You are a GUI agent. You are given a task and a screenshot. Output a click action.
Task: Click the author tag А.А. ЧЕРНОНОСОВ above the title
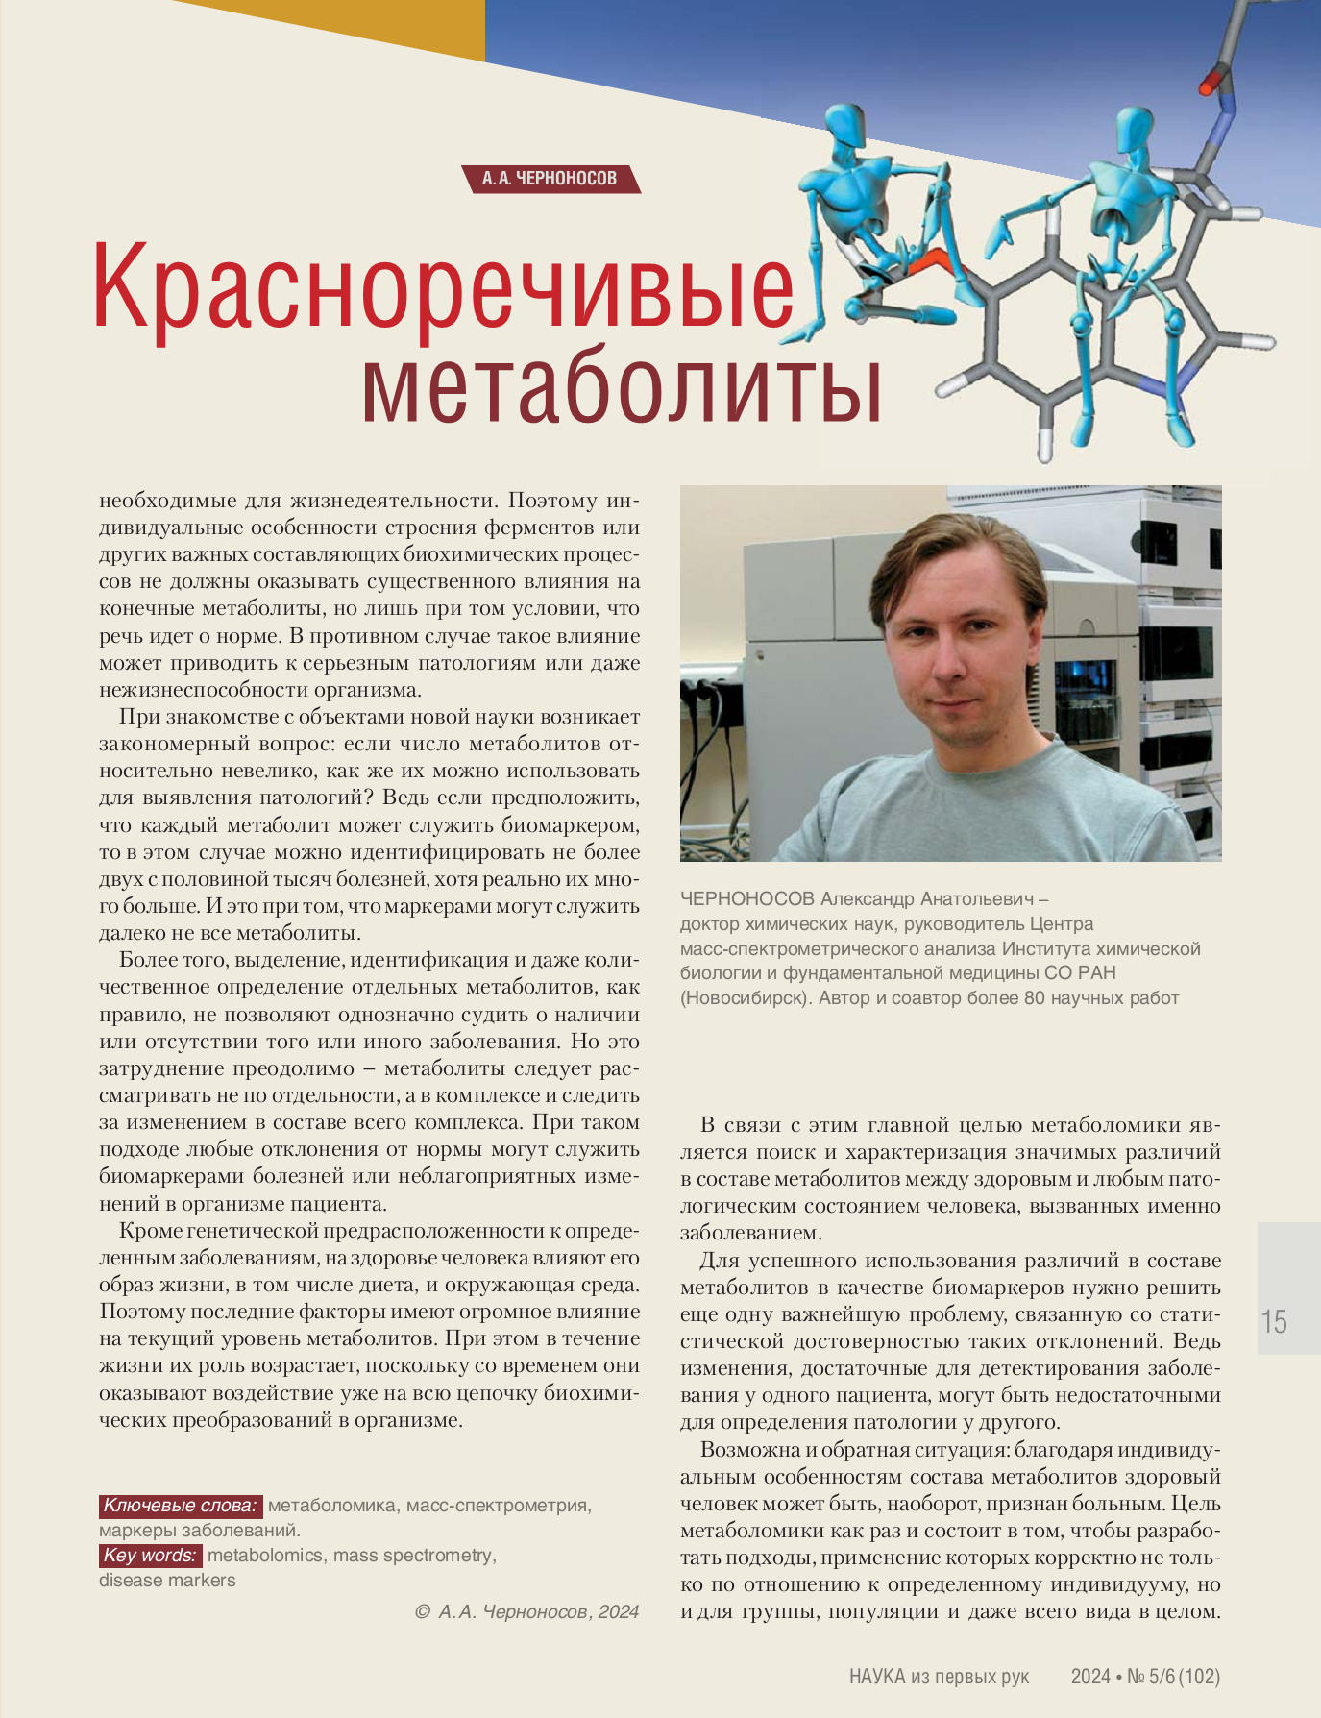pos(550,179)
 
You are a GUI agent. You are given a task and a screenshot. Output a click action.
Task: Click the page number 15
pos(1275,1322)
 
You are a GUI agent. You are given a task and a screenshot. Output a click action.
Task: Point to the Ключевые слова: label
pos(180,1505)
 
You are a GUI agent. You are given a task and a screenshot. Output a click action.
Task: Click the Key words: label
pos(150,1555)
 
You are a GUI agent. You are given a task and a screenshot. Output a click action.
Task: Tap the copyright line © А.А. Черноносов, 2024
pos(526,1611)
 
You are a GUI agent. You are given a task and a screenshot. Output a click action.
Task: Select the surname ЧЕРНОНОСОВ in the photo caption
pos(746,898)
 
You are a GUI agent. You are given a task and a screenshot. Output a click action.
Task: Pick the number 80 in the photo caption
pos(1034,997)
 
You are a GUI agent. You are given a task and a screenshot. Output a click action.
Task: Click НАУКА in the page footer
pos(877,1677)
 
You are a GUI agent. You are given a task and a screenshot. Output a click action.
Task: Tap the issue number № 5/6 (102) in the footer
pos(1173,1677)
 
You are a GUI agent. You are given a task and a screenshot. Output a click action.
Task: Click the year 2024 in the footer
pos(1090,1677)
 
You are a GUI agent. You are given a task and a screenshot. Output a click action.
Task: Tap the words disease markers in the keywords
pos(167,1580)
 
